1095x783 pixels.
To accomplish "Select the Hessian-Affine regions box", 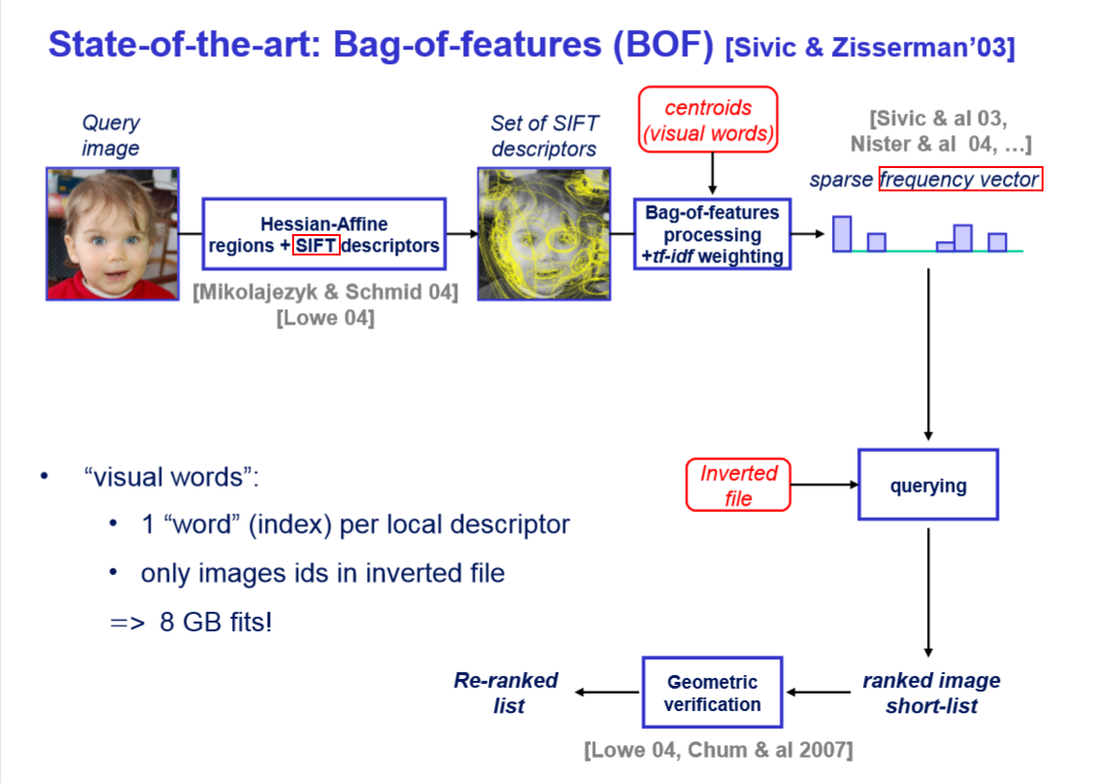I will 323,235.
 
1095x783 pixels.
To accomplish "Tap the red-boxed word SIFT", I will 315,246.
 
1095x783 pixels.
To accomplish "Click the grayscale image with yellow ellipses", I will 544,234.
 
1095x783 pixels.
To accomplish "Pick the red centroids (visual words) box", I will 709,120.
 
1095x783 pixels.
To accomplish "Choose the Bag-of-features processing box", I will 713,234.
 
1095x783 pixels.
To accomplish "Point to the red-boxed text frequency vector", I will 960,180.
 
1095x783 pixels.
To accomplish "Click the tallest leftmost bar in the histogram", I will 842,233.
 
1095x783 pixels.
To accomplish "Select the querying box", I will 928,485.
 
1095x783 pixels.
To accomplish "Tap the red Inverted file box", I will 738,485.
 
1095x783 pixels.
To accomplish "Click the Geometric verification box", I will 712,693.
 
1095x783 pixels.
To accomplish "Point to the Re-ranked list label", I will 507,693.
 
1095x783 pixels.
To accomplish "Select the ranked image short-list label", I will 931,693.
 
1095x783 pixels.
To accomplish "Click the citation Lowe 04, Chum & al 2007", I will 718,750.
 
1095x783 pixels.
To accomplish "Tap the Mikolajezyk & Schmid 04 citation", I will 325,292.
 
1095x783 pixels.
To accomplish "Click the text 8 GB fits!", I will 216,622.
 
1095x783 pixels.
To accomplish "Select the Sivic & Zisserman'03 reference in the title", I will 870,49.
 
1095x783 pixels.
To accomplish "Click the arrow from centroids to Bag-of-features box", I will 713,174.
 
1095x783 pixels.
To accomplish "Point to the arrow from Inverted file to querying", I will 824,484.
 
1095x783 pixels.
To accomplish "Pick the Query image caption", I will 110,135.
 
